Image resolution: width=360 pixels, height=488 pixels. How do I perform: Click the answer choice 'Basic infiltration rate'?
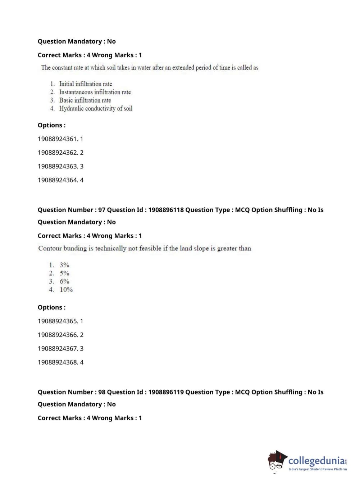[85, 100]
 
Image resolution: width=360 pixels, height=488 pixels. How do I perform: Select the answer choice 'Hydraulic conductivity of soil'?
[96, 108]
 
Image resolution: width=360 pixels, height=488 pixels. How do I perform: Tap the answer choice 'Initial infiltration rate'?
[86, 84]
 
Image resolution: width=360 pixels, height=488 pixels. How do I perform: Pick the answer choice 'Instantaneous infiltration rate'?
[95, 92]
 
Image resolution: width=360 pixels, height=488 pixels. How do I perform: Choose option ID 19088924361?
[60, 139]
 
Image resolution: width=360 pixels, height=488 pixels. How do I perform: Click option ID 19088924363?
[60, 166]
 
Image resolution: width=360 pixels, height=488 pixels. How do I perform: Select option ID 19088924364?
[60, 180]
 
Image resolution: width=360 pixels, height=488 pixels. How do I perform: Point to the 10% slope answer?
[66, 290]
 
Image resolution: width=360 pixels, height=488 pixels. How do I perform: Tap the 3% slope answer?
[64, 265]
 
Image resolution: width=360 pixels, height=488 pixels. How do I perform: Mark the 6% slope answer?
[64, 281]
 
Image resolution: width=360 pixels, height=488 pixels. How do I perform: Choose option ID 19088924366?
[60, 335]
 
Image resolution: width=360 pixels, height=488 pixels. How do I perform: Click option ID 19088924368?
[60, 362]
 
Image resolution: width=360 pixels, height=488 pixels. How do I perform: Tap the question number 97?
[102, 210]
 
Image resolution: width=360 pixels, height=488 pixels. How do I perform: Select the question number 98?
[102, 392]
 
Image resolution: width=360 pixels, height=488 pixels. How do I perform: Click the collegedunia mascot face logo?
[277, 461]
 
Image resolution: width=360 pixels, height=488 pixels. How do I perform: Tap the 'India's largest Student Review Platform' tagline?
[318, 469]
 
